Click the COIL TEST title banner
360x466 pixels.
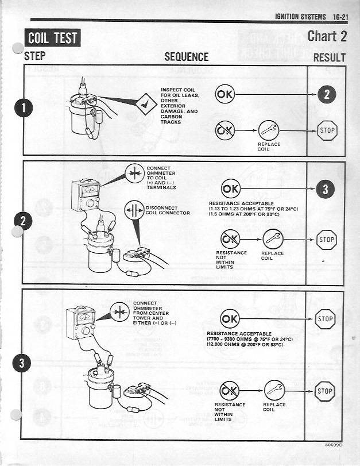(x=52, y=38)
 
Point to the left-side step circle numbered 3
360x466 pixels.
(x=22, y=364)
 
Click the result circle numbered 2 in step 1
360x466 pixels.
(x=326, y=95)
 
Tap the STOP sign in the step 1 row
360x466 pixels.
(x=327, y=130)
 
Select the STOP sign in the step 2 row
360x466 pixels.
(x=327, y=239)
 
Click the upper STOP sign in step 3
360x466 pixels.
(x=325, y=318)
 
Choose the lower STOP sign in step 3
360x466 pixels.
(x=325, y=391)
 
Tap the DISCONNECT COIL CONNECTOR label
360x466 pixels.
(x=168, y=210)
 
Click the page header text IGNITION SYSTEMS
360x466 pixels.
(x=300, y=16)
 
